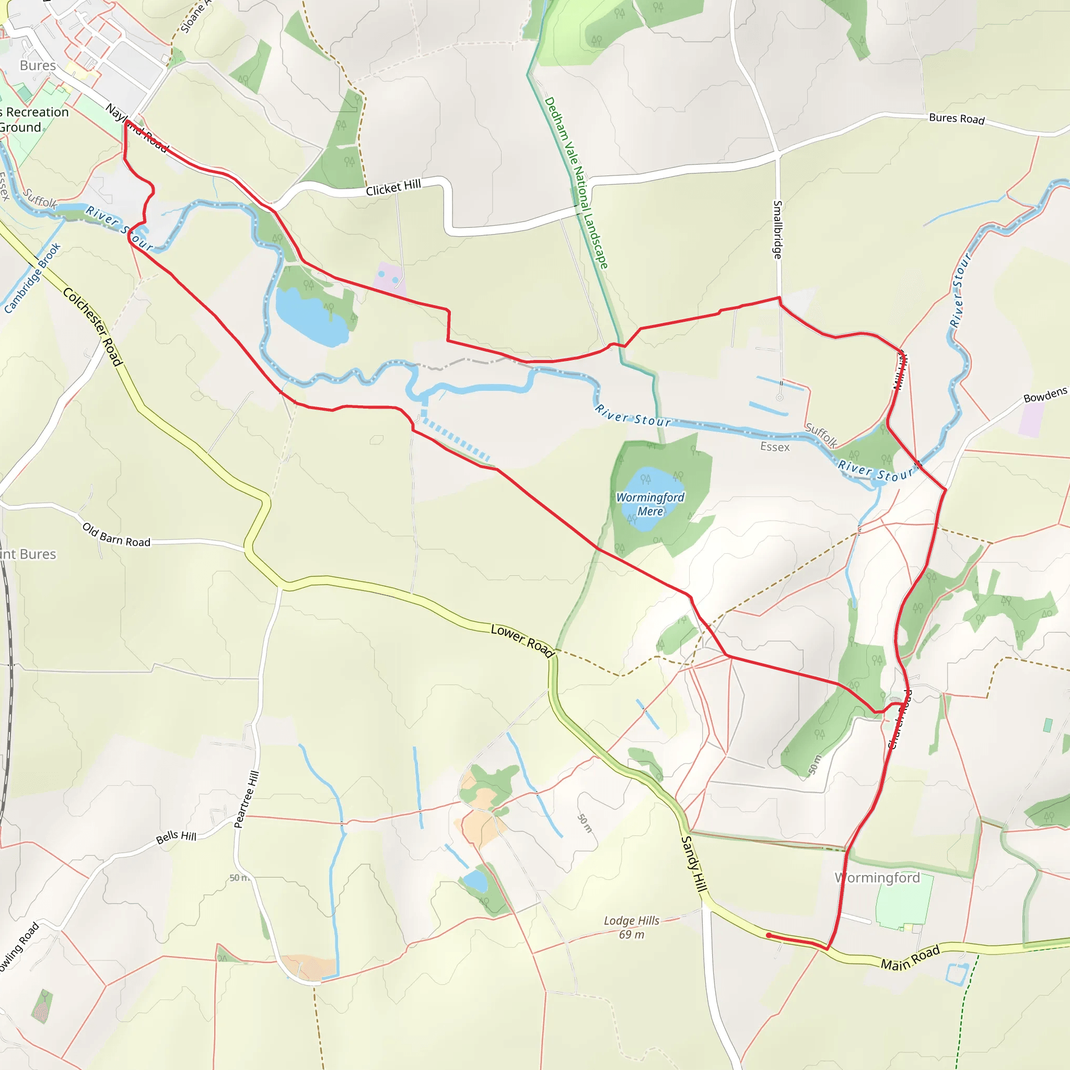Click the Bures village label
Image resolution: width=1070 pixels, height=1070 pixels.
pos(38,65)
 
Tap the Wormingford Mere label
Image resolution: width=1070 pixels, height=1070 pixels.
pos(650,505)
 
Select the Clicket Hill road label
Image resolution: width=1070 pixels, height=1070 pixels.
pos(393,188)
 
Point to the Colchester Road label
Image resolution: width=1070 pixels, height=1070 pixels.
pos(92,326)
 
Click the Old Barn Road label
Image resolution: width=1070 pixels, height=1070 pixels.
pos(117,534)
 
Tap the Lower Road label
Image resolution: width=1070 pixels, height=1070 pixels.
pos(522,641)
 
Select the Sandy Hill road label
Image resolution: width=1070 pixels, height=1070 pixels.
pos(694,864)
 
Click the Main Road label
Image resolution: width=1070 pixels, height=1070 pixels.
pos(910,958)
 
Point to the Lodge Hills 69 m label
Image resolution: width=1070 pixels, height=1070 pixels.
pos(631,927)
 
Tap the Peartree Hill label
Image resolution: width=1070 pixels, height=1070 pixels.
pos(247,799)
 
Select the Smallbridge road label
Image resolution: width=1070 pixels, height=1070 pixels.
pos(777,229)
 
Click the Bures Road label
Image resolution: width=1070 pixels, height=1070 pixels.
pos(957,119)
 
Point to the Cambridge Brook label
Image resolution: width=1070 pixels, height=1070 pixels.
pos(32,278)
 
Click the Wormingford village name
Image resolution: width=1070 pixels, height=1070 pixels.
pos(877,878)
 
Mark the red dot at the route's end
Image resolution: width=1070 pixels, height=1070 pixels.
pos(769,935)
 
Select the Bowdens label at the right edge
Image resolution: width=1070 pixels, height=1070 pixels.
pos(1044,395)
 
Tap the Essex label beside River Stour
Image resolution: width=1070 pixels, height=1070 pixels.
pos(774,447)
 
